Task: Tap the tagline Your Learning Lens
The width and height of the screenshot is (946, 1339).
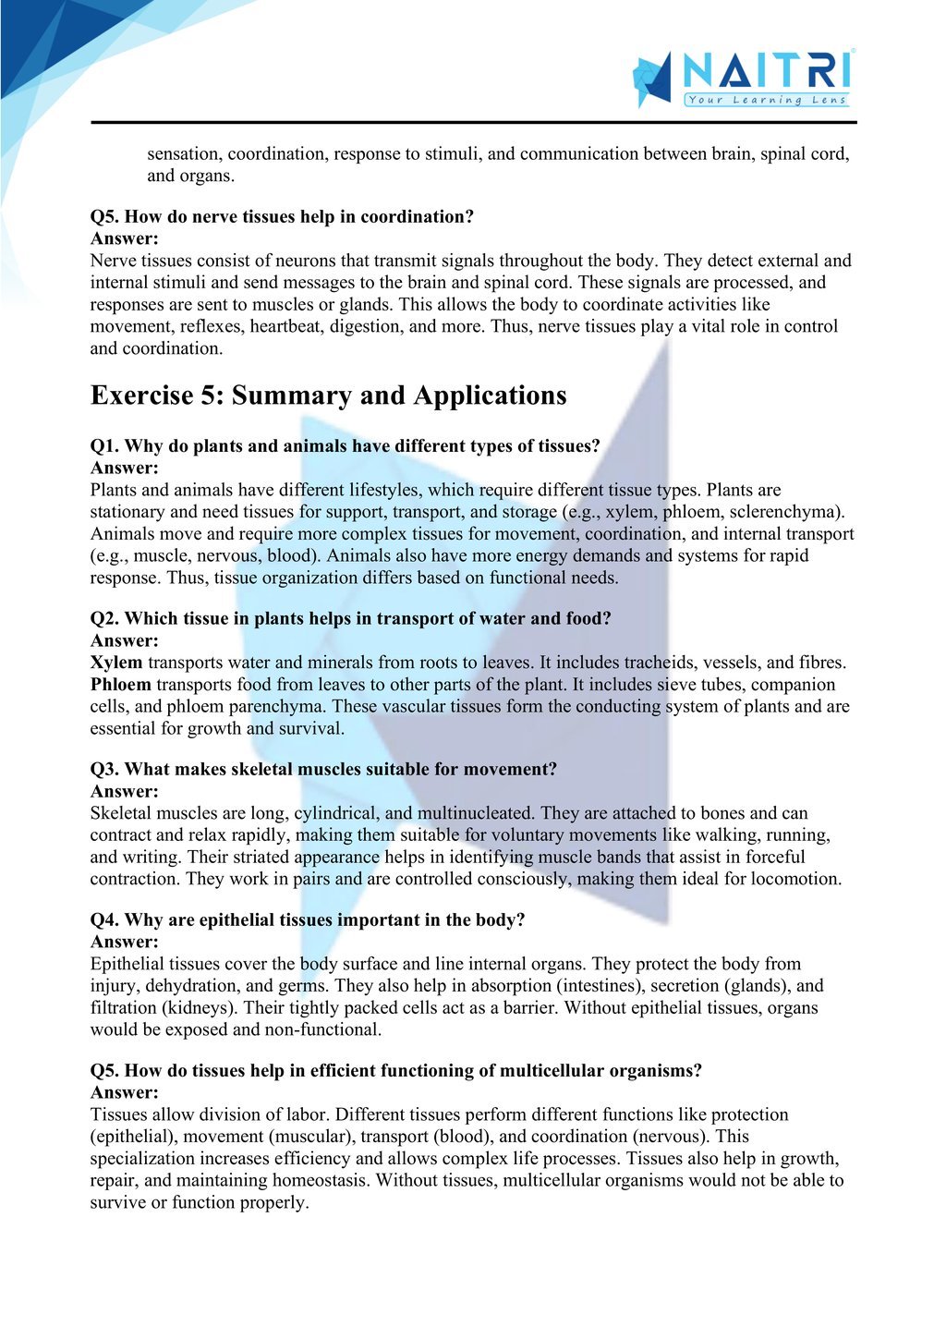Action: coord(766,100)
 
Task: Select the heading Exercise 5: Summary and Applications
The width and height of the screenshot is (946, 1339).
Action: coord(328,396)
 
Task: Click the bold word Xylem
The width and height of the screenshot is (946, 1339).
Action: coord(116,663)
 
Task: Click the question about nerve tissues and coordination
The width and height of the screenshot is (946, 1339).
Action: coord(282,217)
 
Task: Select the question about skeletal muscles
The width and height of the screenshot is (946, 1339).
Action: coord(323,770)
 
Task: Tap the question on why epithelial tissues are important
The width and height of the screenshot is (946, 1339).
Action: coord(308,920)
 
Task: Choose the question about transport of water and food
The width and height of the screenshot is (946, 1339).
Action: coord(350,619)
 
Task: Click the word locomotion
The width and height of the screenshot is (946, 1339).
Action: coord(794,879)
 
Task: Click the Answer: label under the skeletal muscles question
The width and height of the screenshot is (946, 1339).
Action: coord(125,792)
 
